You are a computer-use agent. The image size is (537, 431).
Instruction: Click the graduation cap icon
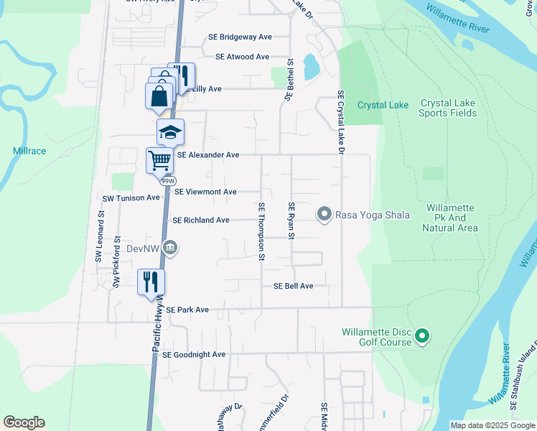tap(171, 132)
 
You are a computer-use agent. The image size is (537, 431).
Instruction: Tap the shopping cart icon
tap(160, 159)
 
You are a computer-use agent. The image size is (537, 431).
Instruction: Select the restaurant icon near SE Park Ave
tap(151, 281)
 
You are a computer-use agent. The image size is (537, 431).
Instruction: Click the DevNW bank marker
tap(170, 249)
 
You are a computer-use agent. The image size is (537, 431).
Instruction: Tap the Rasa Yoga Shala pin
tap(324, 215)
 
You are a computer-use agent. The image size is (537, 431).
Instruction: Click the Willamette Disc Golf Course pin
tap(423, 335)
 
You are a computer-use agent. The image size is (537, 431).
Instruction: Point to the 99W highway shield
tap(168, 181)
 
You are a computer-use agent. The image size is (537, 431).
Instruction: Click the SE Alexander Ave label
tap(207, 154)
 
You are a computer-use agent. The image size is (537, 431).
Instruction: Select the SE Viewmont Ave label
tap(205, 192)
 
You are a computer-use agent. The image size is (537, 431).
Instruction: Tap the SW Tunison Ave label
tap(131, 198)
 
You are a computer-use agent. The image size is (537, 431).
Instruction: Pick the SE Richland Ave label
tap(201, 220)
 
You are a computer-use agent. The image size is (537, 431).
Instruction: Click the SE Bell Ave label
tap(293, 286)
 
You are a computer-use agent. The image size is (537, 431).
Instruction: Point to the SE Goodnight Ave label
tap(194, 355)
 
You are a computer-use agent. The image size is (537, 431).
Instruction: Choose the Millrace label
tap(29, 152)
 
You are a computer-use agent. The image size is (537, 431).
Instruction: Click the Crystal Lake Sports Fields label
tap(448, 108)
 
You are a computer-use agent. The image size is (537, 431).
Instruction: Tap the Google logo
tap(24, 422)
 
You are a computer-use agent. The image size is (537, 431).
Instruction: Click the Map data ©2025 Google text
tap(492, 425)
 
